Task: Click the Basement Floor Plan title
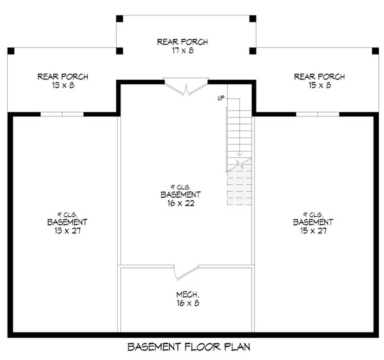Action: pyautogui.click(x=189, y=347)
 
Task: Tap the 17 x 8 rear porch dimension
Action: pyautogui.click(x=182, y=51)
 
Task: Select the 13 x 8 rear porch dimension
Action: pyautogui.click(x=63, y=85)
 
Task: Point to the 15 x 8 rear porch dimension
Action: pyautogui.click(x=319, y=85)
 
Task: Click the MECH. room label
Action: pyautogui.click(x=188, y=294)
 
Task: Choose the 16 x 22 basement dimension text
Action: pyautogui.click(x=180, y=203)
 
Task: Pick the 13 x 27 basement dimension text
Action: pyautogui.click(x=68, y=231)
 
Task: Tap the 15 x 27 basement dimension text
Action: pyautogui.click(x=313, y=231)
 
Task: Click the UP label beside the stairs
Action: pyautogui.click(x=221, y=98)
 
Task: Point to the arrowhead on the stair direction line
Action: pyautogui.click(x=239, y=154)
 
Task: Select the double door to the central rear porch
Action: pyautogui.click(x=186, y=87)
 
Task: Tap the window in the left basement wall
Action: pyautogui.click(x=62, y=114)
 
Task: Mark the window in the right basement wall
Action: pyautogui.click(x=317, y=114)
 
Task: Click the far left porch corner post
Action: pyautogui.click(x=11, y=51)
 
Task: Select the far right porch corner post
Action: pyautogui.click(x=375, y=51)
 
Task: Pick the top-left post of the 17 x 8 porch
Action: pyautogui.click(x=120, y=19)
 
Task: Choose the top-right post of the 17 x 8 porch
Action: pyautogui.click(x=253, y=19)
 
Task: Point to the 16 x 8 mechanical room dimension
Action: pyautogui.click(x=188, y=303)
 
